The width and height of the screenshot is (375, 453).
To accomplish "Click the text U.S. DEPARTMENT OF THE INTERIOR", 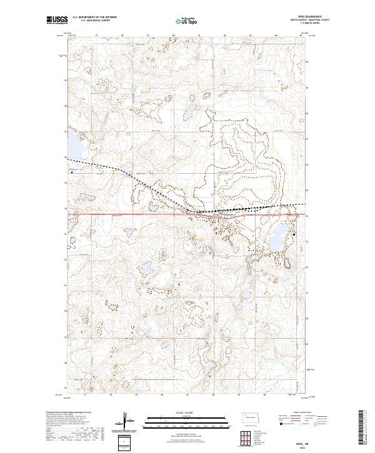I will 94,17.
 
